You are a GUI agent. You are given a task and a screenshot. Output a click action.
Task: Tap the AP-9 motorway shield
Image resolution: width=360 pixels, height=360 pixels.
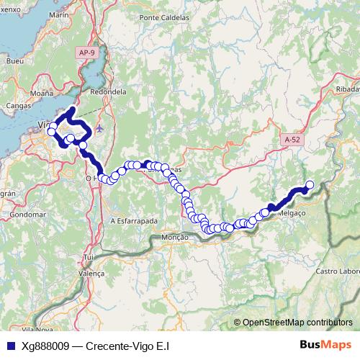coord(86,53)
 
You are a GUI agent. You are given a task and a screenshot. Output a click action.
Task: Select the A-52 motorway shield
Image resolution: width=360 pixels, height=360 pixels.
coord(292,140)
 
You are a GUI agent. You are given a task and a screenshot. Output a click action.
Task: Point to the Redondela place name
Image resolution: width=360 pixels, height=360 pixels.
coord(109,92)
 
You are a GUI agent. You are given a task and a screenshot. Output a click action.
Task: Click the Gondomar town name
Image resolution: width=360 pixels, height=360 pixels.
coord(30,215)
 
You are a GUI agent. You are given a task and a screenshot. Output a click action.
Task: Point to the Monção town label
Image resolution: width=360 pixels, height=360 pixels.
coord(175,237)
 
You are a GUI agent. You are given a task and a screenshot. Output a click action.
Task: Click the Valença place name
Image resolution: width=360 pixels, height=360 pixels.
coord(91,274)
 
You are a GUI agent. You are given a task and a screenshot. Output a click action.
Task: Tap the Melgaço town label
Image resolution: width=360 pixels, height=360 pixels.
coord(291,213)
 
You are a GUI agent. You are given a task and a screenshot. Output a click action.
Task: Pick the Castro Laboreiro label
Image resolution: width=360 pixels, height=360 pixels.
coord(338,271)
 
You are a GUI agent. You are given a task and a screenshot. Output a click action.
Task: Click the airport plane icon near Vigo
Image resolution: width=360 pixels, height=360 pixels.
coord(99,129)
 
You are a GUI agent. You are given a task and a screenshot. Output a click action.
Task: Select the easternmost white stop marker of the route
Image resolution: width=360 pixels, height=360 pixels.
coord(310,185)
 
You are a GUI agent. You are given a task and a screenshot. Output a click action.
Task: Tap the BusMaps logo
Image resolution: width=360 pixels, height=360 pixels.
coord(321,346)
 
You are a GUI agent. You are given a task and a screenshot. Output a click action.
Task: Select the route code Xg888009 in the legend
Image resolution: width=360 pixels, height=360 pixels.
coord(45,346)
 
